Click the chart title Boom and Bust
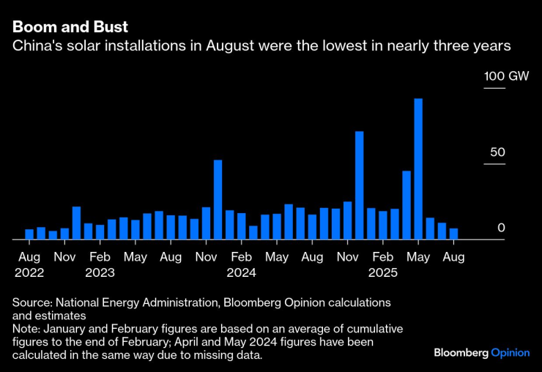coord(70,27)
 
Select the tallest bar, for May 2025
coord(418,168)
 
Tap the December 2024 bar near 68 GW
coord(359,185)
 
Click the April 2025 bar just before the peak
coord(406,205)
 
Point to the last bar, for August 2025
coord(453,234)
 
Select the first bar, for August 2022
coord(29,234)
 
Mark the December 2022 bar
coord(76,223)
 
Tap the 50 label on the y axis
coord(497,152)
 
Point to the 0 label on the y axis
coord(501,228)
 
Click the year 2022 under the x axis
coord(29,272)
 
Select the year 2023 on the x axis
coord(100,272)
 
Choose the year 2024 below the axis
coord(241,272)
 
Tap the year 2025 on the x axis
coord(382,272)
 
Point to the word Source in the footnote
coord(31,302)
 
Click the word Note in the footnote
coord(25,329)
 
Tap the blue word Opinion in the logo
coord(510,353)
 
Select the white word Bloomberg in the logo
coord(461,353)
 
